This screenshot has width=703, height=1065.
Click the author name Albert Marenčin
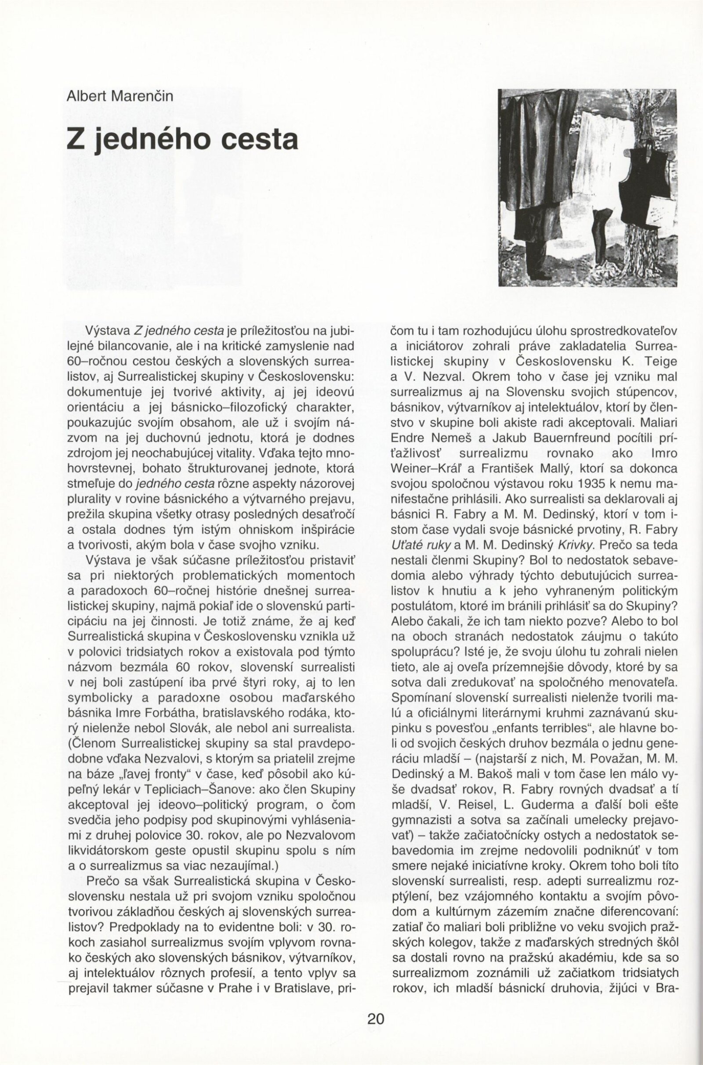tap(120, 97)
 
